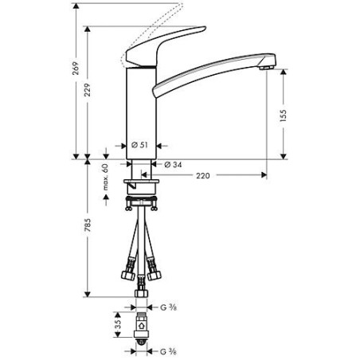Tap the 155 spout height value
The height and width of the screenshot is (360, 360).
[x=285, y=116]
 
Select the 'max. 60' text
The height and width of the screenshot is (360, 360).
[x=104, y=176]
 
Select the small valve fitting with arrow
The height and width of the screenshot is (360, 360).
[x=143, y=329]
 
